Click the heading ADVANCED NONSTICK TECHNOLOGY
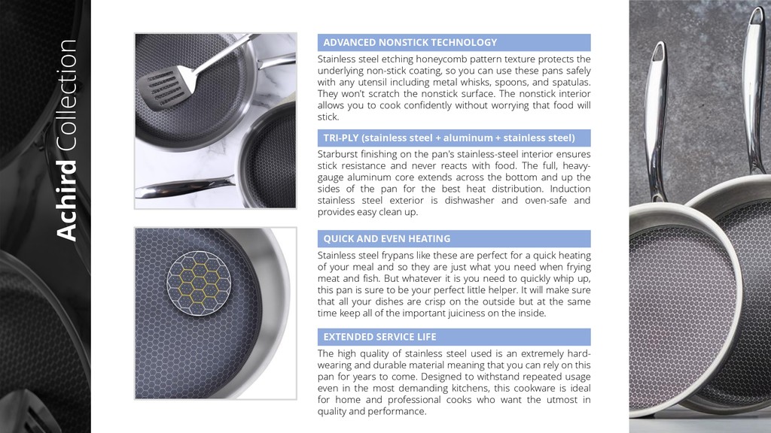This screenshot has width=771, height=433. pos(410,43)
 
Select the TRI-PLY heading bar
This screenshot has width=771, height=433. pos(454,138)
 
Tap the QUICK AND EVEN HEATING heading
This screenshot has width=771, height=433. pos(386,239)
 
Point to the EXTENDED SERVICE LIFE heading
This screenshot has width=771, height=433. pos(379,338)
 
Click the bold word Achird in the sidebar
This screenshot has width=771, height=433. pos(67,200)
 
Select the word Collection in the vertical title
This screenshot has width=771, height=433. pos(67,95)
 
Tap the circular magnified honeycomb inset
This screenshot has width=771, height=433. pos(199,283)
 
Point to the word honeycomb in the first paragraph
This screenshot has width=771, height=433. pos(438,59)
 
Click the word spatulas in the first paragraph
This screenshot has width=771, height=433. pos(571,83)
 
